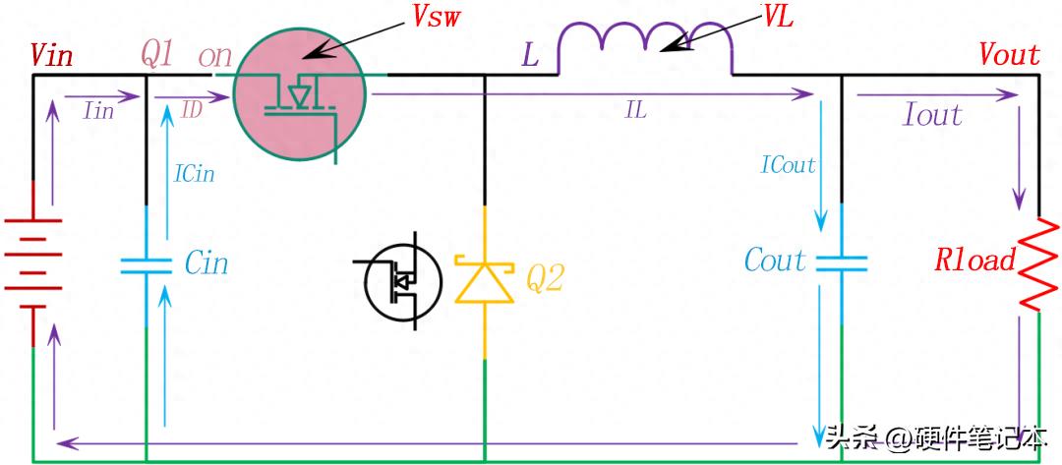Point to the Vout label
(x=1010, y=55)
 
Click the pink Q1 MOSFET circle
(x=299, y=94)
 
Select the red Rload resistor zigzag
(x=1039, y=264)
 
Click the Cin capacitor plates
(x=147, y=265)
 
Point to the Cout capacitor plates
(x=841, y=262)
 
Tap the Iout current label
(x=932, y=115)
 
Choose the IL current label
(x=635, y=112)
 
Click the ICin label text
(x=194, y=174)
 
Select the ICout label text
(x=788, y=165)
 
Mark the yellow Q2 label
(x=545, y=279)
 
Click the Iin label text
(x=98, y=111)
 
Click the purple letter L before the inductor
(x=530, y=56)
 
